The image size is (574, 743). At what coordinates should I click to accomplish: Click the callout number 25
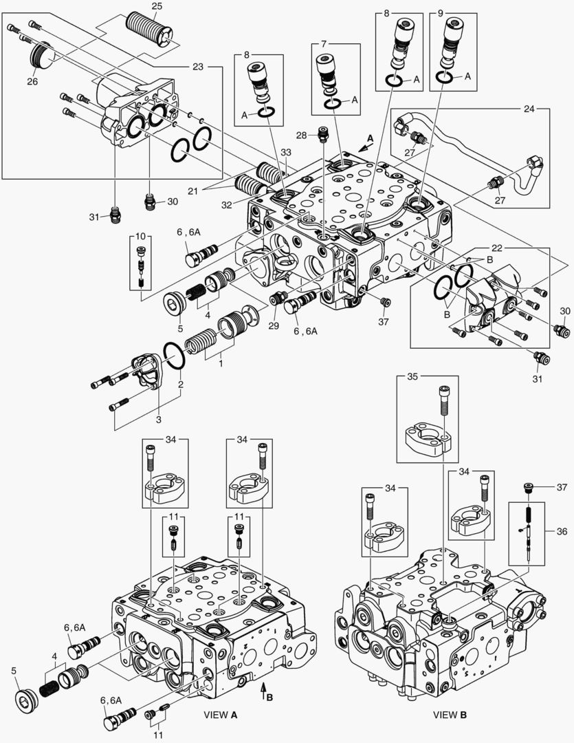click(x=157, y=6)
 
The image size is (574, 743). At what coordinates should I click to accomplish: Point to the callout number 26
click(x=32, y=81)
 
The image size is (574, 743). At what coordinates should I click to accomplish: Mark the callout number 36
click(x=562, y=531)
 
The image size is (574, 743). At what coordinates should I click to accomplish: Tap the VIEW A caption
click(x=221, y=715)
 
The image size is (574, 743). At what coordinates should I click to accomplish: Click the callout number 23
click(x=198, y=67)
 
